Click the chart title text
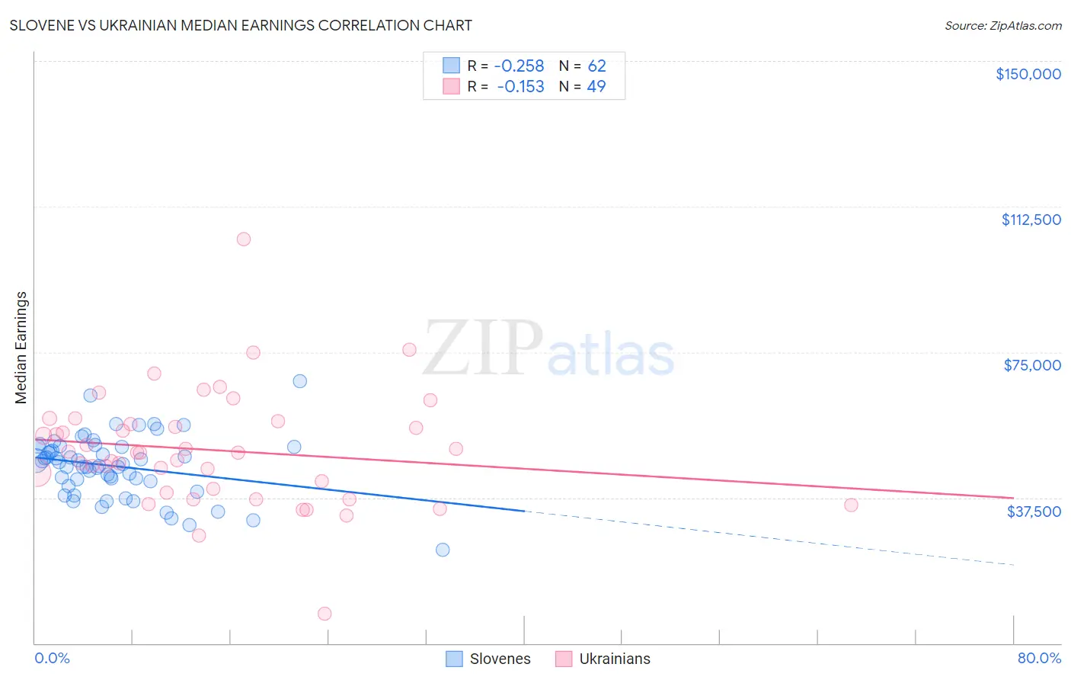241,25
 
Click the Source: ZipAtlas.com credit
1002,25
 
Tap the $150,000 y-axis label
1028,74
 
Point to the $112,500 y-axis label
1031,220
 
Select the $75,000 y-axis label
1032,365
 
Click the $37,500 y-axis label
1034,512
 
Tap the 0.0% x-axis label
52,658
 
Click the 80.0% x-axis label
1039,658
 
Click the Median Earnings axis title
21,348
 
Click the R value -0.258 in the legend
520,66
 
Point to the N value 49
596,87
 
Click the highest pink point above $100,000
244,239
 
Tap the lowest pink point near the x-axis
324,614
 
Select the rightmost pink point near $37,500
851,505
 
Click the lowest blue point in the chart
443,550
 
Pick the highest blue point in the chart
300,381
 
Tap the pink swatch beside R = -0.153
452,87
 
